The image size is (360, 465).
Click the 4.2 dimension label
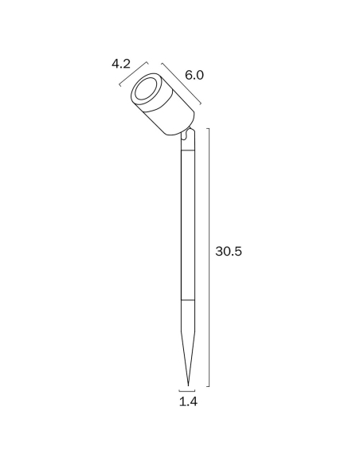click(x=121, y=64)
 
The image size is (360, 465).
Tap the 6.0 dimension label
click(x=194, y=75)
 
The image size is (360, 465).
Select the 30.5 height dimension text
click(x=229, y=251)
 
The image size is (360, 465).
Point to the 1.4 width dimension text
click(x=188, y=401)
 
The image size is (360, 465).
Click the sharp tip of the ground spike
click(x=188, y=386)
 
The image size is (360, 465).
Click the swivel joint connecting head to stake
click(x=187, y=133)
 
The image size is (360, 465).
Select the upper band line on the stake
click(x=188, y=150)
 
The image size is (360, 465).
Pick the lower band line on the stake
click(x=188, y=300)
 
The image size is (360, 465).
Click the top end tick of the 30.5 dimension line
click(x=208, y=129)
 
